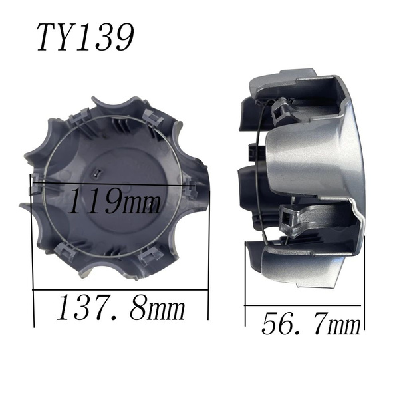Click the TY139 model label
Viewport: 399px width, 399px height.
point(85,37)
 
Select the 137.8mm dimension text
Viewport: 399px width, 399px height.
point(121,307)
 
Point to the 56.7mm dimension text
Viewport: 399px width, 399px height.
point(311,323)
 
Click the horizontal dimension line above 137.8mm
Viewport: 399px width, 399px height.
point(120,290)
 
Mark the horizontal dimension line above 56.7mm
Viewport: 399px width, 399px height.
point(303,305)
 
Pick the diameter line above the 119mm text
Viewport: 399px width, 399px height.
point(112,184)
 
